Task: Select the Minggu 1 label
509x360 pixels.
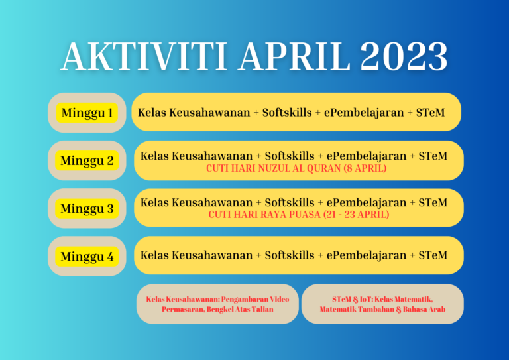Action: [x=87, y=113]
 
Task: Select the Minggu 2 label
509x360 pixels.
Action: [x=87, y=160]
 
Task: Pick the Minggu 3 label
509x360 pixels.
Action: [x=87, y=209]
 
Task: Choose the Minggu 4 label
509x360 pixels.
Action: [x=87, y=257]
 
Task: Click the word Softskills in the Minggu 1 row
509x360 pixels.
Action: [x=287, y=112]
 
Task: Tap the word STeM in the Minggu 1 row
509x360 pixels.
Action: [x=429, y=112]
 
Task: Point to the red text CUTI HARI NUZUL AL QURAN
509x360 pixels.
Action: [x=274, y=169]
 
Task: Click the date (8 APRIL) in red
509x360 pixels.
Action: [x=365, y=169]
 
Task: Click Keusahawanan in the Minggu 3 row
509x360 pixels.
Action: [x=211, y=202]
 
